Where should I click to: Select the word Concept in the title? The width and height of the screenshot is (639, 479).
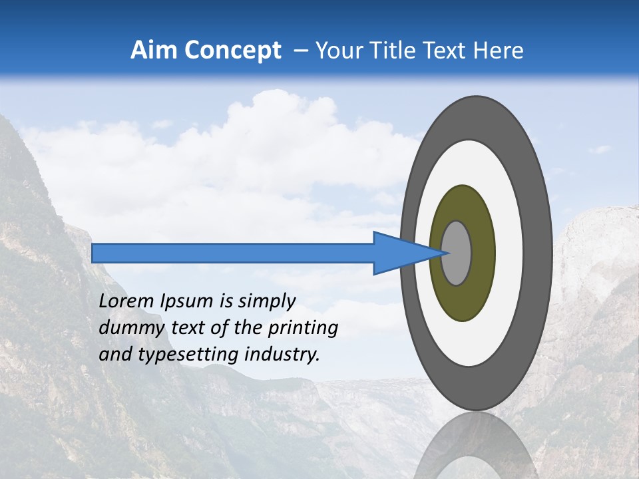[x=232, y=51]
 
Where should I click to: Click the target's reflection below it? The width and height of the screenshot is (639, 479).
[x=476, y=449]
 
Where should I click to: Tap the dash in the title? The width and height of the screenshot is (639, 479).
[x=300, y=51]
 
